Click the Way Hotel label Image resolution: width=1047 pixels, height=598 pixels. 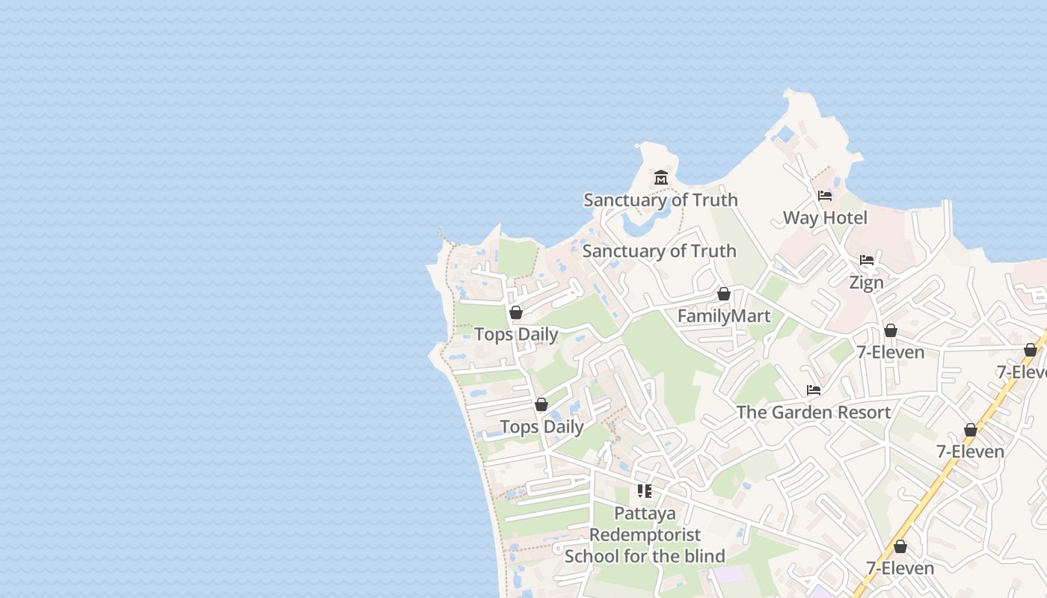(x=825, y=218)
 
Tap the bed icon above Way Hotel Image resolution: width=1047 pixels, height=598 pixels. (x=825, y=196)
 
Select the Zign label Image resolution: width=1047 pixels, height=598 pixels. (x=866, y=283)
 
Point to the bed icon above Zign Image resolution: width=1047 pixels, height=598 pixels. (x=867, y=260)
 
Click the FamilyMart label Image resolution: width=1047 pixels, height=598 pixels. (x=723, y=315)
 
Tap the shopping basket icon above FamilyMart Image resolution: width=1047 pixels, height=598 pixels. (x=723, y=294)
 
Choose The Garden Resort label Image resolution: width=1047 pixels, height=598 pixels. (x=813, y=412)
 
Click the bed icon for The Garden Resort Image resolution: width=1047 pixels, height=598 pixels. (x=814, y=390)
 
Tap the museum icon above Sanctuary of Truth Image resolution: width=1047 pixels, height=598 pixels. (x=661, y=178)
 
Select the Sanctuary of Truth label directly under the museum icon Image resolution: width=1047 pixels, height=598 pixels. (x=660, y=200)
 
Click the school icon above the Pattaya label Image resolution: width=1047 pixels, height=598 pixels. (x=645, y=491)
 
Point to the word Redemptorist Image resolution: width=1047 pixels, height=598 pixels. (x=645, y=534)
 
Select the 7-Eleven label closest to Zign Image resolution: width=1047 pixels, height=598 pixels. (x=890, y=351)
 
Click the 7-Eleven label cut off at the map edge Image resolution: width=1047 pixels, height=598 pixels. (x=1022, y=372)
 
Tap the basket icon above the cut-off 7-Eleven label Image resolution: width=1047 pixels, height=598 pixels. (x=1031, y=350)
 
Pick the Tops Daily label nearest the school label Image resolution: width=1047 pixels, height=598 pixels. (x=541, y=427)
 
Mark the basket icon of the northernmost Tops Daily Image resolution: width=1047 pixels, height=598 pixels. (x=516, y=312)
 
